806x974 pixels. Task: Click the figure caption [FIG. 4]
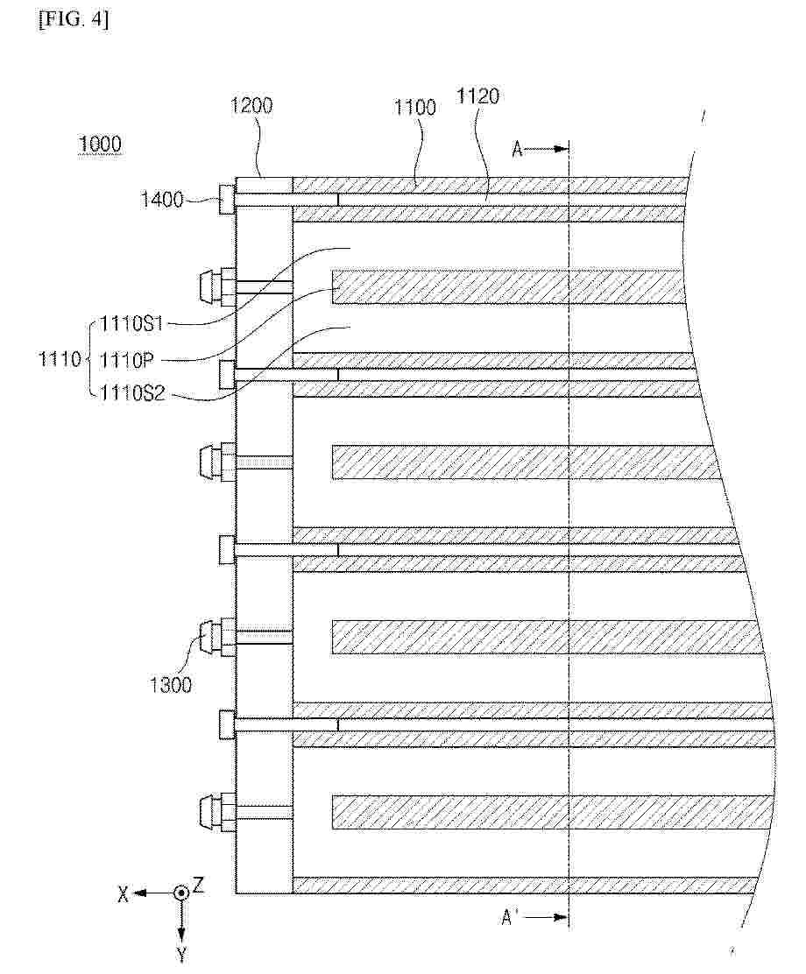click(74, 20)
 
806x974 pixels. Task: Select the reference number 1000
click(99, 145)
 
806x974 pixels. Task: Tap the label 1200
click(251, 106)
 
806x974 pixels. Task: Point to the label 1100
click(414, 108)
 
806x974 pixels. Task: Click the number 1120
click(477, 96)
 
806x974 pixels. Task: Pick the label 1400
click(161, 200)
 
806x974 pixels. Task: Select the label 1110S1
click(131, 323)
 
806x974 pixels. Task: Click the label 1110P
click(126, 360)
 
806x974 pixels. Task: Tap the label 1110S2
click(132, 393)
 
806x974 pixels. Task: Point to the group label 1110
click(60, 359)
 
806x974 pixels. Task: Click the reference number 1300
click(170, 685)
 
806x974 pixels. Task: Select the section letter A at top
click(517, 149)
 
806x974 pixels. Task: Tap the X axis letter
click(123, 894)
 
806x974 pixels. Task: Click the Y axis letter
click(180, 954)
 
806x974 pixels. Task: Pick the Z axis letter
click(198, 885)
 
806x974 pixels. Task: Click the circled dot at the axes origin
click(180, 893)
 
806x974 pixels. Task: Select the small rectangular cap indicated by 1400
click(227, 200)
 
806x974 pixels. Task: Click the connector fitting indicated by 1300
click(216, 638)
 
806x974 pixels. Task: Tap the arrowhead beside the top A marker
click(562, 149)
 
